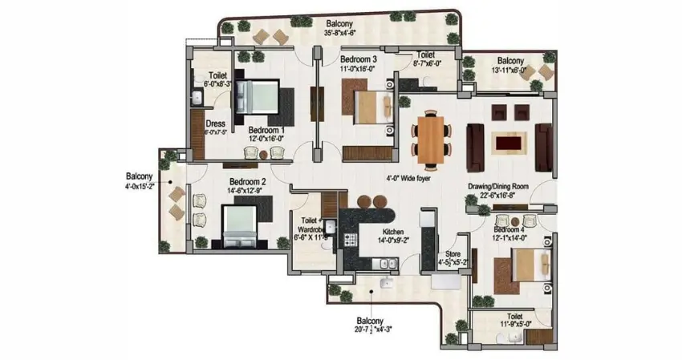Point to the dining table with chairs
point(430,140)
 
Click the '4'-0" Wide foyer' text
point(408,180)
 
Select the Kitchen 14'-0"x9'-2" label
point(396,233)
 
